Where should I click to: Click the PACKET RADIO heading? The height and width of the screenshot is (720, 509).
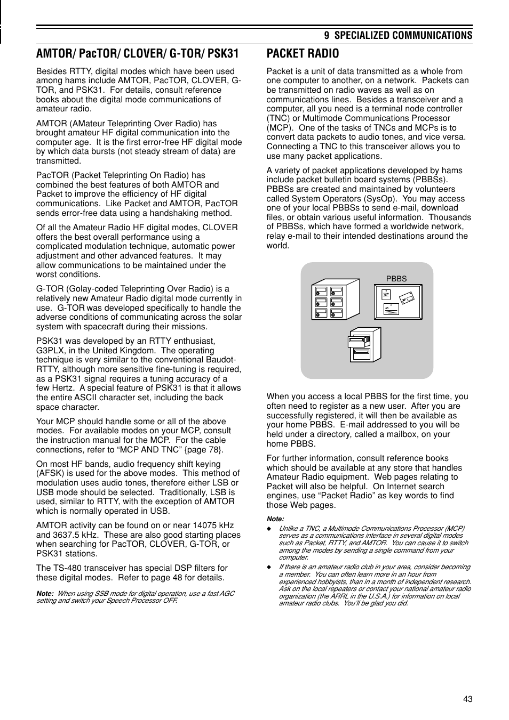[x=302, y=53]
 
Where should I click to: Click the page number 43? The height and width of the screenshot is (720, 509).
[x=468, y=700]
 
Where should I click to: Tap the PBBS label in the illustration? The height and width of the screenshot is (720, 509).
[x=396, y=279]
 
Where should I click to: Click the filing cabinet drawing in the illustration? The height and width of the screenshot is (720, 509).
[x=336, y=300]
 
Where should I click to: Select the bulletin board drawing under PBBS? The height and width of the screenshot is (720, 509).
[x=397, y=301]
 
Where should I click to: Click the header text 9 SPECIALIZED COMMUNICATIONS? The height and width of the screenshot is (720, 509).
[x=398, y=35]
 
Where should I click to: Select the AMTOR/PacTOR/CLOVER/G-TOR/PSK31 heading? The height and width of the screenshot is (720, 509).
[x=137, y=53]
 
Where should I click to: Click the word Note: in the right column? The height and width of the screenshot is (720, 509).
[x=275, y=519]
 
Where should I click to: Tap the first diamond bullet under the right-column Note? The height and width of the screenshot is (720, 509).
[x=269, y=528]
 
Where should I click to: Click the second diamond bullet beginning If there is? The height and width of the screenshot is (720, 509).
[x=269, y=567]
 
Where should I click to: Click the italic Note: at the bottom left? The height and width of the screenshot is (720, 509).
[x=45, y=594]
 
